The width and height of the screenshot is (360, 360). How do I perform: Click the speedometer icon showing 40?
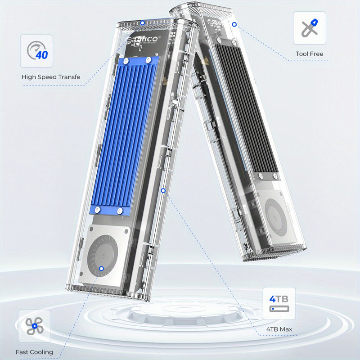(x=36, y=51)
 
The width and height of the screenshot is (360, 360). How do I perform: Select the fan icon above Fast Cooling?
(x=34, y=326)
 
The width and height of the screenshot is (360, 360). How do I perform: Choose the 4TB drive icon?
(x=279, y=303)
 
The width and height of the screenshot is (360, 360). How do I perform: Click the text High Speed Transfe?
(x=51, y=77)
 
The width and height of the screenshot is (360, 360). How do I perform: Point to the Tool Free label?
(x=309, y=54)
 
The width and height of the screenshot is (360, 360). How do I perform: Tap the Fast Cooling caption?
(x=34, y=352)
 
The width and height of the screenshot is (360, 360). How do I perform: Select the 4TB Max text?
(x=279, y=329)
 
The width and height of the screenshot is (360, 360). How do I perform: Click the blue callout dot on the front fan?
(x=101, y=269)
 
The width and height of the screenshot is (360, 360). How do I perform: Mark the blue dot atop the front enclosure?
(x=143, y=22)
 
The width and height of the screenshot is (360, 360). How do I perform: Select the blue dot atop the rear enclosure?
(x=234, y=24)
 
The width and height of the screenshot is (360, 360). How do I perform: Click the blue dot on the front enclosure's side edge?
(x=163, y=190)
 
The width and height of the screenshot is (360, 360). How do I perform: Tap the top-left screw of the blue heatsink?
(x=126, y=60)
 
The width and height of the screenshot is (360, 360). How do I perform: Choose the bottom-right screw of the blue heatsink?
(x=120, y=211)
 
